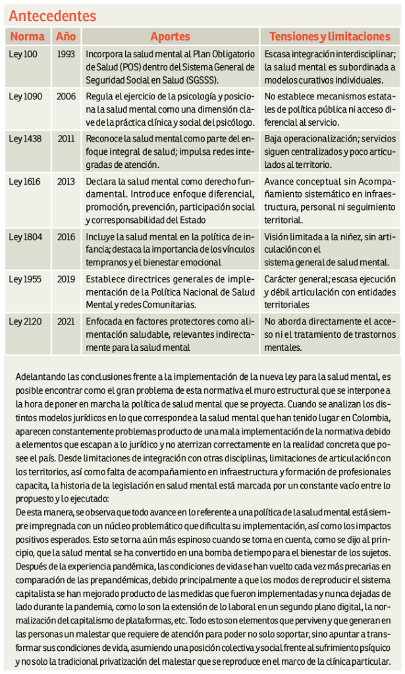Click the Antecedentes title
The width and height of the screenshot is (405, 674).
point(52,16)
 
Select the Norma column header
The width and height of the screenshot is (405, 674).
point(28,37)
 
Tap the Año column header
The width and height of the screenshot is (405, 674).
point(66,37)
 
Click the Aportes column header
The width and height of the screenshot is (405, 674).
point(170,37)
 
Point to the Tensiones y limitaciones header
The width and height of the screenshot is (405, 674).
point(329,37)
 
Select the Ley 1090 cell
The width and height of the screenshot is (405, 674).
point(25,97)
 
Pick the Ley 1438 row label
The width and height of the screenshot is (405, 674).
point(25,139)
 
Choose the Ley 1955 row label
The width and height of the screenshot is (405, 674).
point(25,279)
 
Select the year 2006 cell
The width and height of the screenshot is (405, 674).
point(66,97)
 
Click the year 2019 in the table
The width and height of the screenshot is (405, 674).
point(66,279)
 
